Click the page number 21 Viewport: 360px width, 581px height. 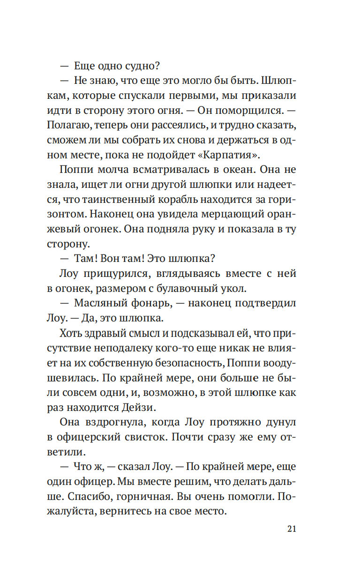pyautogui.click(x=291, y=529)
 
